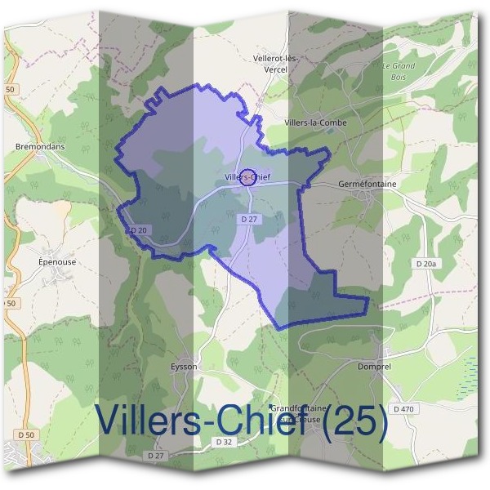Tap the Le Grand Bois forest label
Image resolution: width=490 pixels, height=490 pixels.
[x=399, y=71]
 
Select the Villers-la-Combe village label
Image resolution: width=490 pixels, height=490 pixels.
[x=315, y=122]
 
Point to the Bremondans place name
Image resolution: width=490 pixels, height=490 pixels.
[x=40, y=148]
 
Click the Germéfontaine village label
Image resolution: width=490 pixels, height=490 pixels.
[x=367, y=185]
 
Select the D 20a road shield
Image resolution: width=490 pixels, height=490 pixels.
[x=425, y=264]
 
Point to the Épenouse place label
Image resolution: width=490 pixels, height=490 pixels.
[x=57, y=262]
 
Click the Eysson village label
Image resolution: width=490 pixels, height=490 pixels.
[x=184, y=367]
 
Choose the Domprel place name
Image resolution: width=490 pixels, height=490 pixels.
[x=376, y=367]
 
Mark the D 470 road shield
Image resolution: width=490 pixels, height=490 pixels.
[x=403, y=408]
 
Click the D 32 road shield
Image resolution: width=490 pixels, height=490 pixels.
[x=225, y=441]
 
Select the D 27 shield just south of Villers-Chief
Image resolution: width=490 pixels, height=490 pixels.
[x=249, y=220]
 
